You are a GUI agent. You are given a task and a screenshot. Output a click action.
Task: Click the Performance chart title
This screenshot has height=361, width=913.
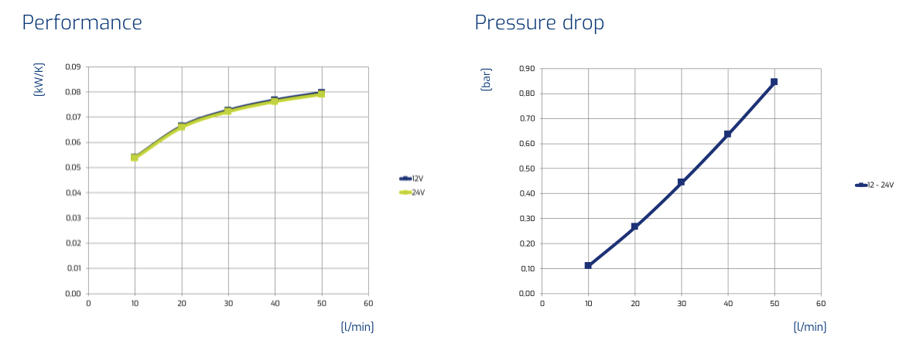(82, 22)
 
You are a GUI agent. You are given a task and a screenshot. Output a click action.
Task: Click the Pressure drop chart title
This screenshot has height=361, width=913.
(539, 22)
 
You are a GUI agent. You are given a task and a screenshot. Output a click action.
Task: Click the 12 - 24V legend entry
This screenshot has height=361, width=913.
(874, 185)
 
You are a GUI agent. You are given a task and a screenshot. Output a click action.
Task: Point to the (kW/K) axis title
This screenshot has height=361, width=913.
(39, 80)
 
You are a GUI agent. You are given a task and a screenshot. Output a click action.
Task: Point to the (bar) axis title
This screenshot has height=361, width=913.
(487, 80)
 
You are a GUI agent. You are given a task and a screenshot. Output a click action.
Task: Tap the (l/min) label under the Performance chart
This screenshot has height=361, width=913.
(357, 327)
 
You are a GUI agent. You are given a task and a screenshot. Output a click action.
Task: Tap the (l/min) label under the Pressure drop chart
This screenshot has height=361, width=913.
(810, 327)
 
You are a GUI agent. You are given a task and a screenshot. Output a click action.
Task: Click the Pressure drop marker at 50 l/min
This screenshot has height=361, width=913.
(774, 82)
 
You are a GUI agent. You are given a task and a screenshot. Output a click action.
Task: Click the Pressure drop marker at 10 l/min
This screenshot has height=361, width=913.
(588, 266)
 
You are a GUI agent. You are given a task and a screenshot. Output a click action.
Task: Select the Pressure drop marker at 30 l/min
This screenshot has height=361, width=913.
(681, 182)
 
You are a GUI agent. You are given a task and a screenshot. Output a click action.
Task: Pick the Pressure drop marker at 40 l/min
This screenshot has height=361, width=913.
(727, 135)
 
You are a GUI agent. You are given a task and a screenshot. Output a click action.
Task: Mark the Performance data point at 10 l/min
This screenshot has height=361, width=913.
(135, 157)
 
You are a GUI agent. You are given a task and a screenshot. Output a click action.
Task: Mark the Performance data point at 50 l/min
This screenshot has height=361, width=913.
(321, 93)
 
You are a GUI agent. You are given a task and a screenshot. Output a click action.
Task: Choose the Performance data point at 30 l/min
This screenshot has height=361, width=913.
(227, 111)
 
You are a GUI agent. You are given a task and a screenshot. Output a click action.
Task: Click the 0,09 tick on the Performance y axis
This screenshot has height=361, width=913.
(73, 67)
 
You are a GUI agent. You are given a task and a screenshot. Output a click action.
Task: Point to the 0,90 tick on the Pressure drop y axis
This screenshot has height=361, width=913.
(526, 69)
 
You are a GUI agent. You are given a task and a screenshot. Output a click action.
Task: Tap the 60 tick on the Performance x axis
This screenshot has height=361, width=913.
(368, 304)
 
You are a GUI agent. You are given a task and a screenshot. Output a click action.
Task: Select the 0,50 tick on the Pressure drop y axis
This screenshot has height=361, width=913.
(526, 169)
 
